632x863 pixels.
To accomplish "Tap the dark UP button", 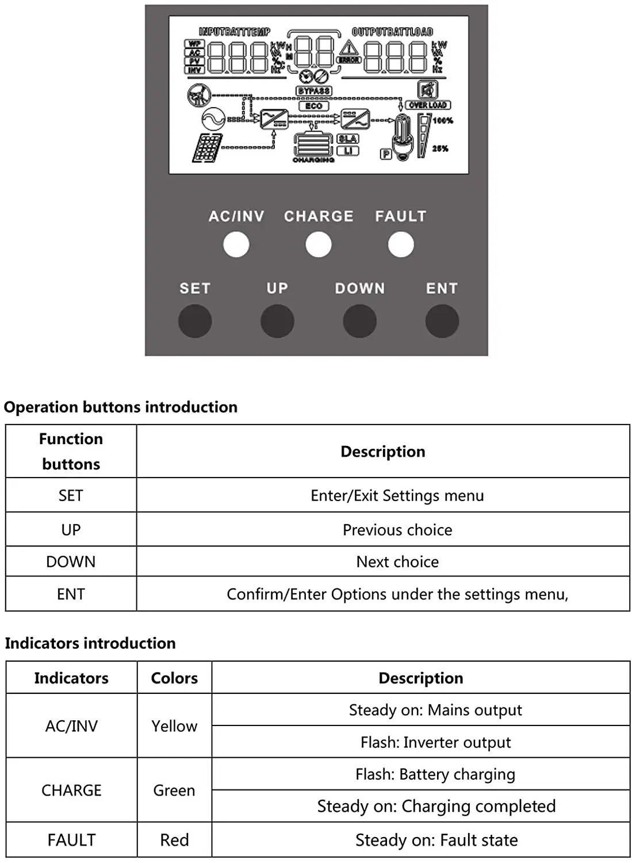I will point(277,321).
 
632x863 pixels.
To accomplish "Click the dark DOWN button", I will point(359,321).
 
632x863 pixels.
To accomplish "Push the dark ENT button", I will point(442,321).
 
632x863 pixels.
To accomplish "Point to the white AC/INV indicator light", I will point(236,245).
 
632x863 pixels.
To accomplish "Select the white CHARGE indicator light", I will point(319,245).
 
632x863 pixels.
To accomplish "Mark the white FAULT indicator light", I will point(401,245).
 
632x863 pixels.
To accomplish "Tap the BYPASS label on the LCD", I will point(314,91).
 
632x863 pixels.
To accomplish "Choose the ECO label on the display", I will point(313,106).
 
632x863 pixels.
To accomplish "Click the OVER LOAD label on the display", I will point(428,105).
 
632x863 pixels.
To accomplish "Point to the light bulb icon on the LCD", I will point(402,138).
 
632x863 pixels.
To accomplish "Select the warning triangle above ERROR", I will point(348,48).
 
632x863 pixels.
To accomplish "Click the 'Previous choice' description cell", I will point(397,530).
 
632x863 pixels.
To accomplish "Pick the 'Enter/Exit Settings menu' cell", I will point(397,495).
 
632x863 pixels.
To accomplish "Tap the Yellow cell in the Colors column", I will point(174,726).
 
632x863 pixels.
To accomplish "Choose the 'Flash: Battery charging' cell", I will point(435,774).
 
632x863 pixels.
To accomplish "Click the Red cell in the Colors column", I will point(174,840).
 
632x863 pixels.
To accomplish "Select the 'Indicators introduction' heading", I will point(90,643).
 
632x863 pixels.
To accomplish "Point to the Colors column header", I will point(174,678).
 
